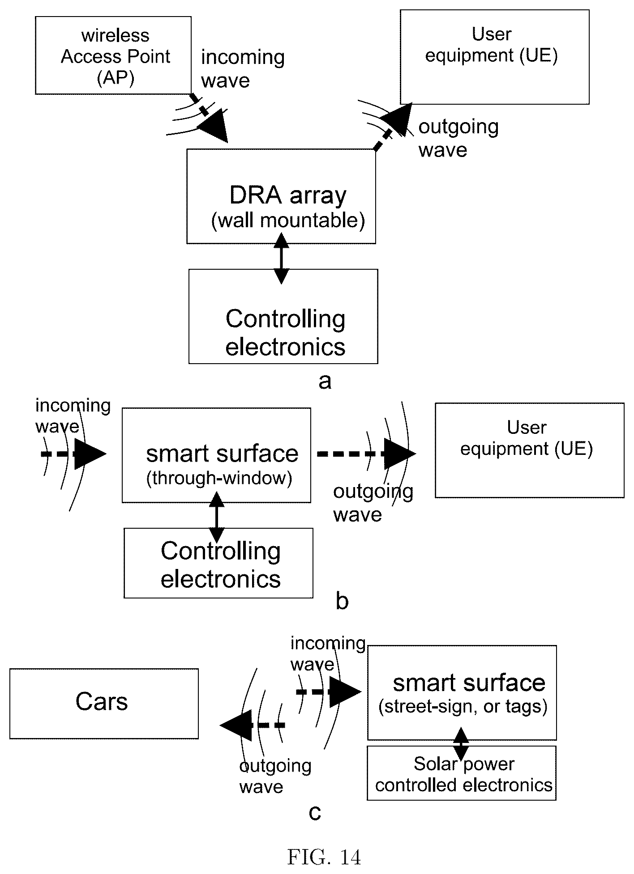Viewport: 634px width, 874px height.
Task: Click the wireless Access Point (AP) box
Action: pos(113,55)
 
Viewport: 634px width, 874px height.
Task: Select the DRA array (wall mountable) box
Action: pos(281,196)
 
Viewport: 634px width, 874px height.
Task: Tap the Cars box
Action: pos(104,704)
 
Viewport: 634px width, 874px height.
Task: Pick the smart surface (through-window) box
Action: pos(217,455)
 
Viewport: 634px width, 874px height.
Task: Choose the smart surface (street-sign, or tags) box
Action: pos(462,692)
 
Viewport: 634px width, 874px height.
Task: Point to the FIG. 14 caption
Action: pos(324,857)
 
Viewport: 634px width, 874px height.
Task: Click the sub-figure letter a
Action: pos(325,382)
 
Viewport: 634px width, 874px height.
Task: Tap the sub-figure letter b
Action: pos(342,602)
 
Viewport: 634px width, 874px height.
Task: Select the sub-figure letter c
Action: pos(315,812)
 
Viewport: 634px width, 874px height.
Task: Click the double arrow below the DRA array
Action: pos(281,258)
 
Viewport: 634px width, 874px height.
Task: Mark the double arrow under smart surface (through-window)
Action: pos(217,517)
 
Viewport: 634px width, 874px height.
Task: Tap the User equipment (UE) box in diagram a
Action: pos(495,57)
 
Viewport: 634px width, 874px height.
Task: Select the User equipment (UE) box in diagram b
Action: pos(530,450)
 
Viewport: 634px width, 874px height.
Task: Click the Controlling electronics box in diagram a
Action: pos(283,316)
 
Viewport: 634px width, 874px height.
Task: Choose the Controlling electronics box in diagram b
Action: pos(218,563)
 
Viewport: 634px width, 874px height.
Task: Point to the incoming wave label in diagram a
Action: pos(243,69)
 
